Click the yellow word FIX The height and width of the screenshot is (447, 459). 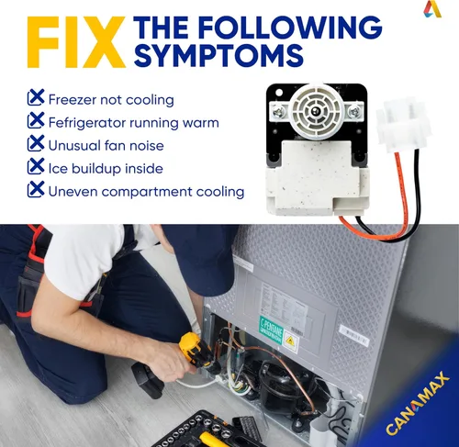point(76,42)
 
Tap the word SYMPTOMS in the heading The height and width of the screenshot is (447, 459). point(218,55)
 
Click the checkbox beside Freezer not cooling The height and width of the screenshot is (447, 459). point(36,97)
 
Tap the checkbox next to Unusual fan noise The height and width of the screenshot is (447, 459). point(36,143)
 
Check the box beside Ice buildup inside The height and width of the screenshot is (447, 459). point(36,166)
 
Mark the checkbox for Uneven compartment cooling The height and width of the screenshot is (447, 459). point(36,189)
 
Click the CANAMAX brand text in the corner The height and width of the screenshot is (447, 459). point(418,403)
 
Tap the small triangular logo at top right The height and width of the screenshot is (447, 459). point(432,9)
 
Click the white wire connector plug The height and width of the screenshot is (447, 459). point(403,125)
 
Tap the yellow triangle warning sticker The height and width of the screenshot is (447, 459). point(289,342)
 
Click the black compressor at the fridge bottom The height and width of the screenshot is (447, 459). point(282,386)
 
